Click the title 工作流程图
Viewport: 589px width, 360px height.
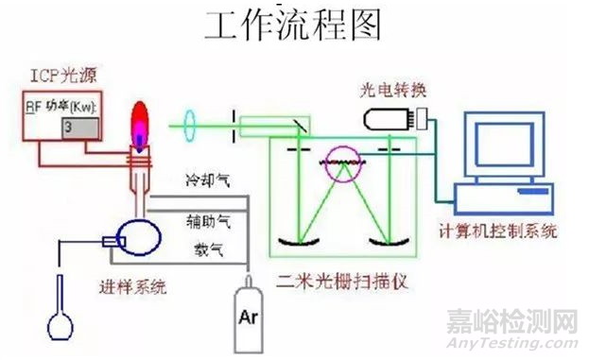coord(294,27)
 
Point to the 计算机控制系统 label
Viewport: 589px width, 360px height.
coord(499,230)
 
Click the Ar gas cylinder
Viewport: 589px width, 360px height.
coord(250,309)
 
